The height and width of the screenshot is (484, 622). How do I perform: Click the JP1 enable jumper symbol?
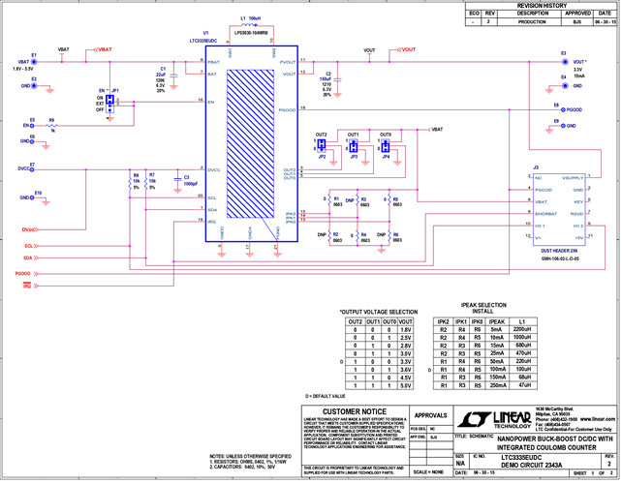[112, 101]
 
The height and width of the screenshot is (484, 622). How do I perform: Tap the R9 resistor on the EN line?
[51, 125]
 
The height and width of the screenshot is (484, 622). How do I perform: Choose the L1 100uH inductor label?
[251, 19]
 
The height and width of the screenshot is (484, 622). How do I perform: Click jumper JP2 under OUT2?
[322, 146]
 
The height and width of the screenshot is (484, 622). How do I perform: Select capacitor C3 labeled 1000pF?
[174, 180]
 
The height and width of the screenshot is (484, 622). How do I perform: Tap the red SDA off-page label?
[30, 258]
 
